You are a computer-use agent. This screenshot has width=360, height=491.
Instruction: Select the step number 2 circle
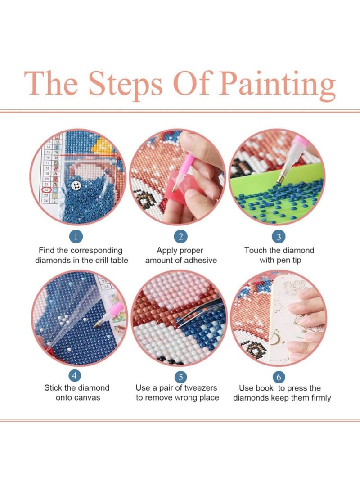point(180,236)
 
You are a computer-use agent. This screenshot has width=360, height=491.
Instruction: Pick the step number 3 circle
point(279,236)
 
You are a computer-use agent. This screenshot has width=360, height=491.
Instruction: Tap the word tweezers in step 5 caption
point(200,388)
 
